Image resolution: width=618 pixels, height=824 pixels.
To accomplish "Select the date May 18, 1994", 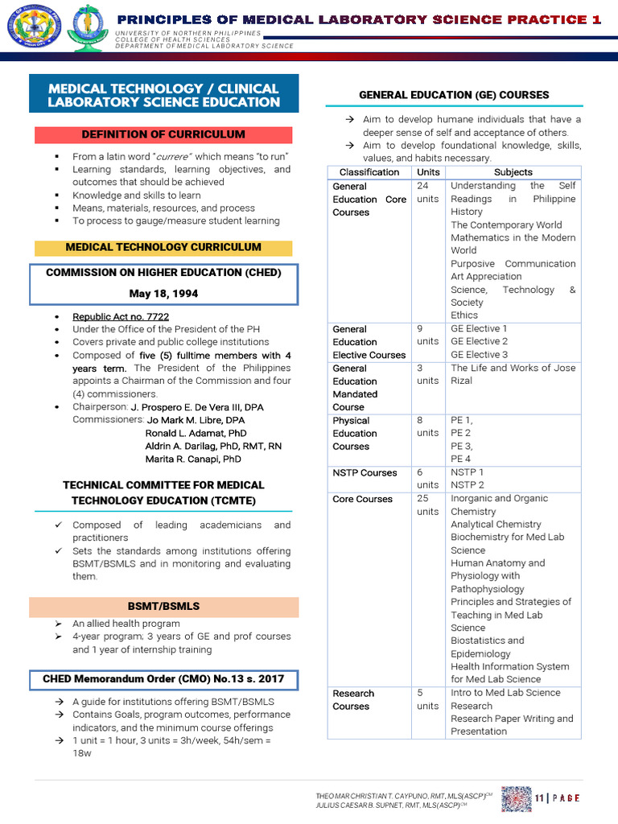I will coord(163,294).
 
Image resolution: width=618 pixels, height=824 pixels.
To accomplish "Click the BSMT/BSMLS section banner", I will coord(163,606).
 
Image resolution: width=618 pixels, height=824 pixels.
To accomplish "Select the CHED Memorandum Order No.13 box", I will coord(163,679).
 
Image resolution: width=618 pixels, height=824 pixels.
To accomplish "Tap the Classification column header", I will coord(369,172).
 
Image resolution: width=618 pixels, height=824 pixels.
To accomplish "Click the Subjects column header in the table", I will coord(513,172).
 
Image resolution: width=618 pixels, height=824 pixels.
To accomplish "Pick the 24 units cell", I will coord(427,192).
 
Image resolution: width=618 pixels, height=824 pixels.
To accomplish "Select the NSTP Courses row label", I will coord(365,473).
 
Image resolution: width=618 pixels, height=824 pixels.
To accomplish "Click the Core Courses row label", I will coord(362,499).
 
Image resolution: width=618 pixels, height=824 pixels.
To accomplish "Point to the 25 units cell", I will coord(427,505).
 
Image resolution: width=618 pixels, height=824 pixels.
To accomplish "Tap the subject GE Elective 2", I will coord(479,341).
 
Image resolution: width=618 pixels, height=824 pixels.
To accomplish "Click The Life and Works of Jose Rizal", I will coord(513,374).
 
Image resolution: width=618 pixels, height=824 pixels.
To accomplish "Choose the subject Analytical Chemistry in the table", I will coord(496,525).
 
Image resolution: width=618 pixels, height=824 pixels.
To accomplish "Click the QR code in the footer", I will coord(516,797).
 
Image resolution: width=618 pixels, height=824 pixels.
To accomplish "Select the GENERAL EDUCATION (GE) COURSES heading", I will coord(454,95).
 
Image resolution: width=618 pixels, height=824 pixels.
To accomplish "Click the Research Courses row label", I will coord(353,699).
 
